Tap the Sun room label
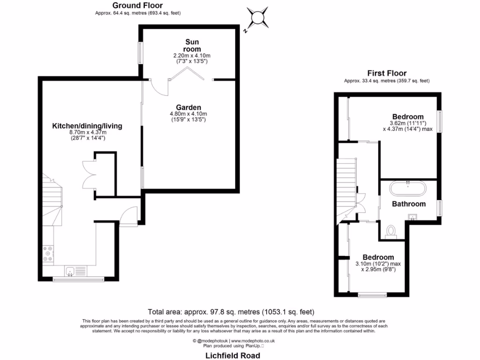click(192, 45)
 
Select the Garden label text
click(188, 107)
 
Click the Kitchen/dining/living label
click(87, 126)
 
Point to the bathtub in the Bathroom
click(408, 189)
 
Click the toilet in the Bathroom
click(390, 231)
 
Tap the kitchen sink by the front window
click(70, 270)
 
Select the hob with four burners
click(48, 254)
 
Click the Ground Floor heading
click(137, 5)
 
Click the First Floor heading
click(387, 73)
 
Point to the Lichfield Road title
click(233, 356)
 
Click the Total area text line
click(231, 312)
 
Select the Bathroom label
click(409, 204)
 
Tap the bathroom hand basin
click(413, 216)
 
